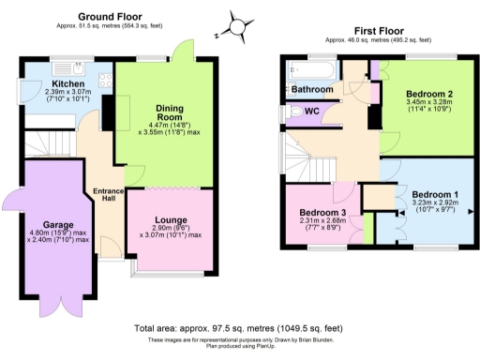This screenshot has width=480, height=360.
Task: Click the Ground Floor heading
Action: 110,17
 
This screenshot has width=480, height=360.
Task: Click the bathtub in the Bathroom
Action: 310,69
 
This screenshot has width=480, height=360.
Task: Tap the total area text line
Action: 239,329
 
